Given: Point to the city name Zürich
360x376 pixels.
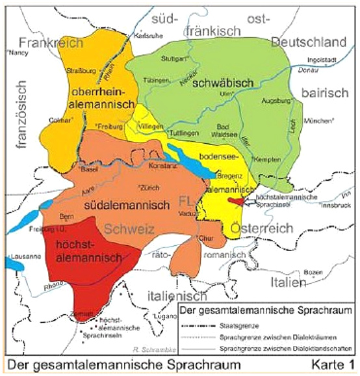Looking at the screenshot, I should pyautogui.click(x=146, y=188).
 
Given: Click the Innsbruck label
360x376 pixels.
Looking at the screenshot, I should pyautogui.click(x=336, y=206).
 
